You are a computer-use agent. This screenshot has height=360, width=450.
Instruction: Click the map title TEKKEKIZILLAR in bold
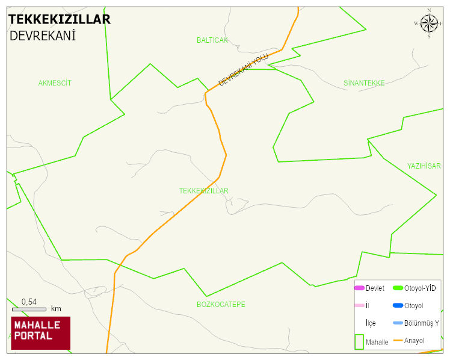coord(60,19)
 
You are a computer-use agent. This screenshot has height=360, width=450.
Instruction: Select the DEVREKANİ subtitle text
coord(42,36)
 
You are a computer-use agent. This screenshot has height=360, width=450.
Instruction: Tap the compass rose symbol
coord(429,23)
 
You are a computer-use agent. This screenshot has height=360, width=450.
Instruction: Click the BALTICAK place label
coord(212,40)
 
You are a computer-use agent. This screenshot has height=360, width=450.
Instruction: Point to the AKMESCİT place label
coord(55,83)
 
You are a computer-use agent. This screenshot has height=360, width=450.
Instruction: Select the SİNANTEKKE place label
coord(364,83)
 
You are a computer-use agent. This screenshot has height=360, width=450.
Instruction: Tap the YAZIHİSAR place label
coord(424,166)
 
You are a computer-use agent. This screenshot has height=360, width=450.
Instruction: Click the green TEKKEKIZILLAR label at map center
coord(203,191)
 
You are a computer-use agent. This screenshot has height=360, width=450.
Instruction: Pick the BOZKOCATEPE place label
coord(221,305)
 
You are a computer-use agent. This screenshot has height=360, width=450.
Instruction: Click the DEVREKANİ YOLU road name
coord(243,70)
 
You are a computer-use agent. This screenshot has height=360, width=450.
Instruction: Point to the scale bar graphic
coord(29,309)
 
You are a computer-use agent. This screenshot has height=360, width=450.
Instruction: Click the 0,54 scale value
coord(29,302)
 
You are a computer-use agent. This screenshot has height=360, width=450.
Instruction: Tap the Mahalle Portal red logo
coord(40,333)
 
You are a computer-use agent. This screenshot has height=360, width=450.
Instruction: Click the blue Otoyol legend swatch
coord(398,306)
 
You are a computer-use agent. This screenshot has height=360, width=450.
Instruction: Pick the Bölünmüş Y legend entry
coord(421,323)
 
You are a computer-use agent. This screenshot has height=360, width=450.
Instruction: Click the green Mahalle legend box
coord(359,341)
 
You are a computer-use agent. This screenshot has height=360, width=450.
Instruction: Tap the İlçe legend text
coord(371,323)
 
